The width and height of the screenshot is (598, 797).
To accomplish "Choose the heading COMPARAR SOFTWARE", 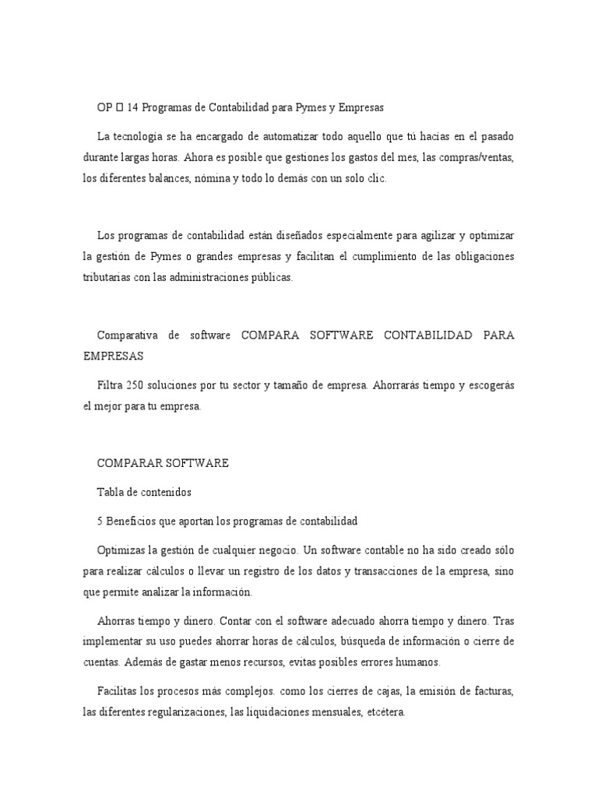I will click(162, 462).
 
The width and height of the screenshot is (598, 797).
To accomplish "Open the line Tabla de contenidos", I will click(144, 492).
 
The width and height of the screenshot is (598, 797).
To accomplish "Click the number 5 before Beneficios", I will click(100, 519).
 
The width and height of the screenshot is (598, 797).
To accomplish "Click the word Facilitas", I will click(119, 691).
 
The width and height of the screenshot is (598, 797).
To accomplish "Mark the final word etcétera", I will click(381, 712).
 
